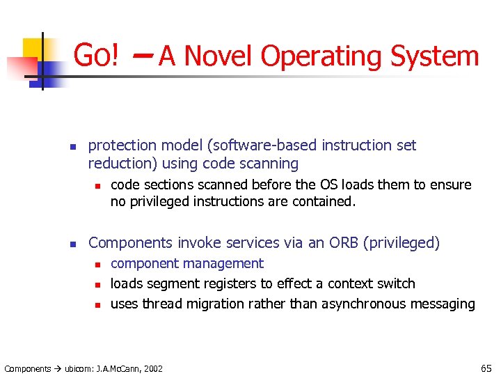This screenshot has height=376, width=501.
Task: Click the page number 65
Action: pos(485,368)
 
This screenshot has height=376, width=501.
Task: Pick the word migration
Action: pos(212,304)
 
